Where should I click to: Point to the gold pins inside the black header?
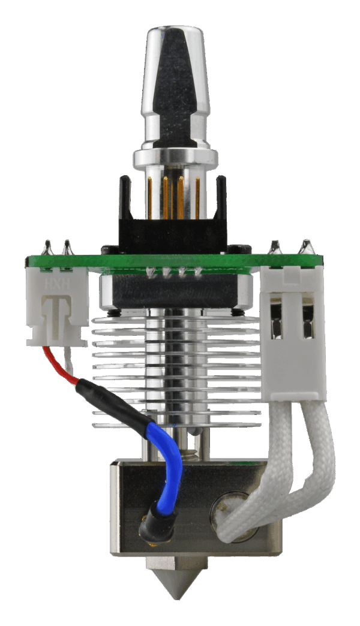[x=174, y=198]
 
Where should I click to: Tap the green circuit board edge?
[x=174, y=261]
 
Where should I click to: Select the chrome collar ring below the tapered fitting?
[x=173, y=158]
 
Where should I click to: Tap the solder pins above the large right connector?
[x=292, y=246]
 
